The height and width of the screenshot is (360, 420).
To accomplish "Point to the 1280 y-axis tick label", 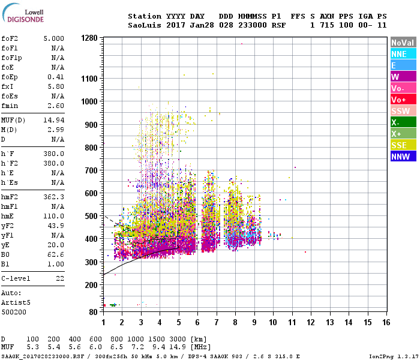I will [89, 38].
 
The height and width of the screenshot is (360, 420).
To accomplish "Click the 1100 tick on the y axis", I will [89, 79].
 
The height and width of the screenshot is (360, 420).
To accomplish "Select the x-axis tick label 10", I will [273, 322].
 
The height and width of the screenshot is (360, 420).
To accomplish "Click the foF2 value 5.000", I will [53, 38].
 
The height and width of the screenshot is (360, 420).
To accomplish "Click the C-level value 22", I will [59, 278].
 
